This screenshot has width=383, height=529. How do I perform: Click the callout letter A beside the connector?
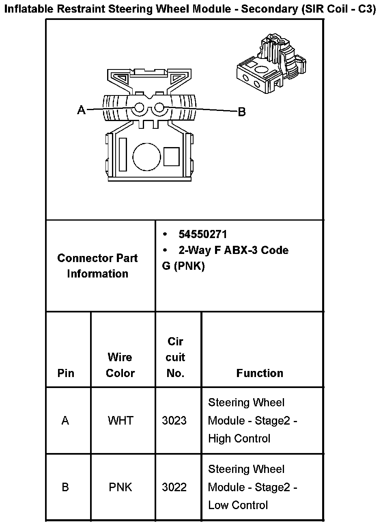coord(82,110)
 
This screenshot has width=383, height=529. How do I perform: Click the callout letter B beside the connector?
coord(242,112)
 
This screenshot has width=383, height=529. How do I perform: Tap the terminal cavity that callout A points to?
coord(139,108)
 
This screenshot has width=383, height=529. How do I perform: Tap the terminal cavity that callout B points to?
coord(159,108)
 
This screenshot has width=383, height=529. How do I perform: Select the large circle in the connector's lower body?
coord(147,156)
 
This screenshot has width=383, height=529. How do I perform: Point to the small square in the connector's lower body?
coord(171,156)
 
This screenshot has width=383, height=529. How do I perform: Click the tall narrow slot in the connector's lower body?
coord(123,154)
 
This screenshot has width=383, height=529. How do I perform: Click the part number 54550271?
coord(203,234)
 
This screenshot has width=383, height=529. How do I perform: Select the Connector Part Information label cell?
coord(97,266)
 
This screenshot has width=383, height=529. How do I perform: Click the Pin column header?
coord(66,373)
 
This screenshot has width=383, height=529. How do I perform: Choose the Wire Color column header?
coord(120,365)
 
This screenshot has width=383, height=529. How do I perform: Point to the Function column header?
coord(260,373)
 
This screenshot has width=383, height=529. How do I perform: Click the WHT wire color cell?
coord(120,421)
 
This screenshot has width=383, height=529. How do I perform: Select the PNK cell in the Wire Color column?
coord(120,487)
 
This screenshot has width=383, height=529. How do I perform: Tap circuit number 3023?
coord(174,421)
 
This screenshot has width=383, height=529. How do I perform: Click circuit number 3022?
coord(174,487)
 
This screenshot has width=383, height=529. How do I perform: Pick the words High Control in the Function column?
coord(239,439)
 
